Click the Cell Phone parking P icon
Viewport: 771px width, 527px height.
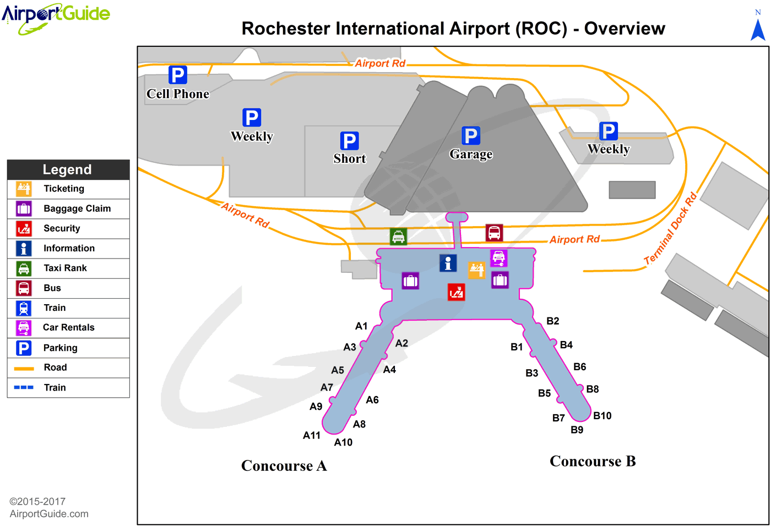[177, 75]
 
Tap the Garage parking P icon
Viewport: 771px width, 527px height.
[470, 135]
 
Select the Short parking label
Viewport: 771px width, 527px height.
[349, 158]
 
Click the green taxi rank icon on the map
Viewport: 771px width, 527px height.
[398, 237]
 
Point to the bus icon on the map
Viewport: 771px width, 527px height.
[494, 233]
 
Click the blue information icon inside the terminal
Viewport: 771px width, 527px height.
[448, 263]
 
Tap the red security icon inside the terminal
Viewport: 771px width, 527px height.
[456, 292]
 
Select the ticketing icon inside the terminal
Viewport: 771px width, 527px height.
[476, 270]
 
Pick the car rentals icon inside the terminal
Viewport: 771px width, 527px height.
[499, 258]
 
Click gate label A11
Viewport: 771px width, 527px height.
[312, 436]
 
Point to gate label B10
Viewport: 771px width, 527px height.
[602, 416]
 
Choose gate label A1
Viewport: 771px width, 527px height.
[361, 326]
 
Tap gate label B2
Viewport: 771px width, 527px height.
[553, 321]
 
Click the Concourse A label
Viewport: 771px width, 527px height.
[284, 466]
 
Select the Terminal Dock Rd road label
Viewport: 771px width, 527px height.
[670, 229]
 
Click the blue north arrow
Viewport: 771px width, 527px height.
[758, 30]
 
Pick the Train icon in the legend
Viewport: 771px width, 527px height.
[23, 308]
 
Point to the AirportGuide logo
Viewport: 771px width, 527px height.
[56, 18]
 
